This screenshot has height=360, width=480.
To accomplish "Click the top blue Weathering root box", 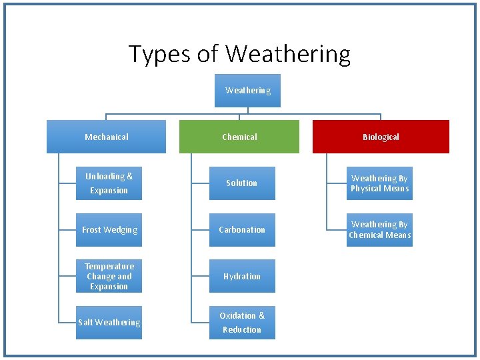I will pyautogui.click(x=247, y=91).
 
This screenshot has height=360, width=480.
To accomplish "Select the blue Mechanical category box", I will pyautogui.click(x=106, y=137).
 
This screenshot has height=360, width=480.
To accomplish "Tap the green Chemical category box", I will pyautogui.click(x=239, y=137).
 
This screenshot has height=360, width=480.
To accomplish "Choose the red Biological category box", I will pyautogui.click(x=381, y=137).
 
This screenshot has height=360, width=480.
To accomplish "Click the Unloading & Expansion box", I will pyautogui.click(x=109, y=183).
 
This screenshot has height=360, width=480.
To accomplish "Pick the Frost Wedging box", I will pyautogui.click(x=109, y=230).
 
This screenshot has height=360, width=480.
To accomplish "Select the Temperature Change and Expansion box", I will pyautogui.click(x=109, y=276).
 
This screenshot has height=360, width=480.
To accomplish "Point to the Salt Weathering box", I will pyautogui.click(x=109, y=323).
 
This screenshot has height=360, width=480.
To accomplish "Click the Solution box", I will pyautogui.click(x=242, y=183).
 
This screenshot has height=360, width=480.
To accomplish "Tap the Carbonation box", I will pyautogui.click(x=242, y=230).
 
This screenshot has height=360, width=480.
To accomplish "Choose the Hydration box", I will pyautogui.click(x=242, y=276).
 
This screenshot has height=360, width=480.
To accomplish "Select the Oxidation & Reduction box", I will pyautogui.click(x=242, y=323).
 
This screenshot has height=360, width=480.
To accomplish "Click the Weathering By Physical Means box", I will pyautogui.click(x=379, y=183).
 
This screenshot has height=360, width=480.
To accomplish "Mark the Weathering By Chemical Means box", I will pyautogui.click(x=379, y=230).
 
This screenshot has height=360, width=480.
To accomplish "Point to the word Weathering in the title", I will pyautogui.click(x=288, y=55).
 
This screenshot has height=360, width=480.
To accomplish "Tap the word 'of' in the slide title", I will pyautogui.click(x=208, y=55).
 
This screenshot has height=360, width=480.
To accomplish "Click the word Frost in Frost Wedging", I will pyautogui.click(x=93, y=230).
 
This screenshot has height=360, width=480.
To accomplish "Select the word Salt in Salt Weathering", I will pyautogui.click(x=85, y=323).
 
